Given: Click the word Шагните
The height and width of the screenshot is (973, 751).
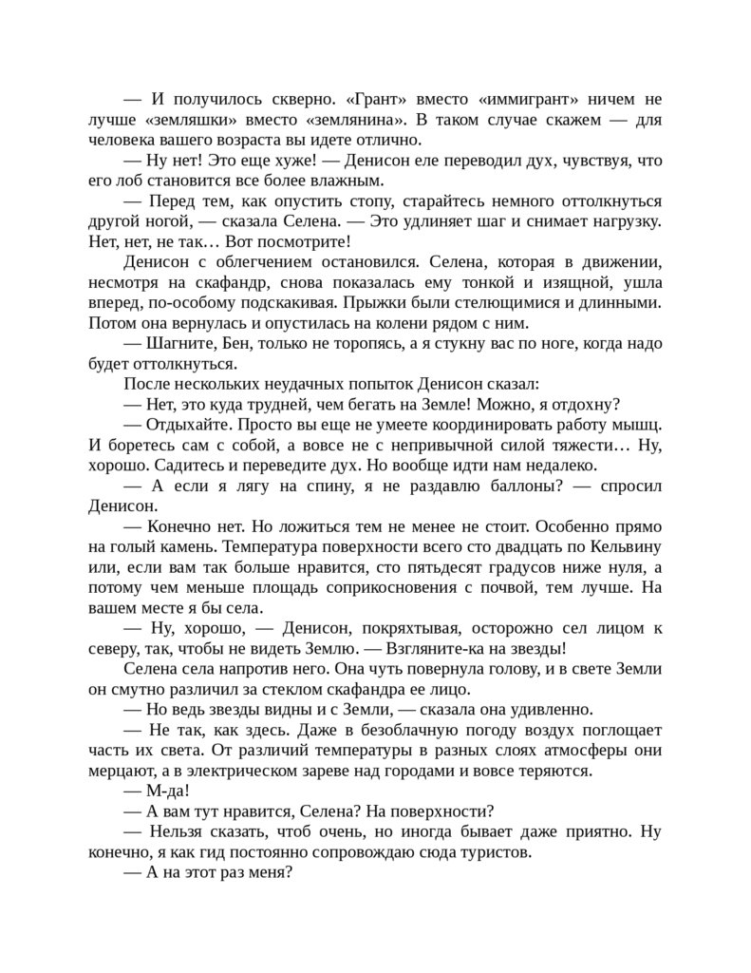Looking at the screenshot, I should coord(182,343).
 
